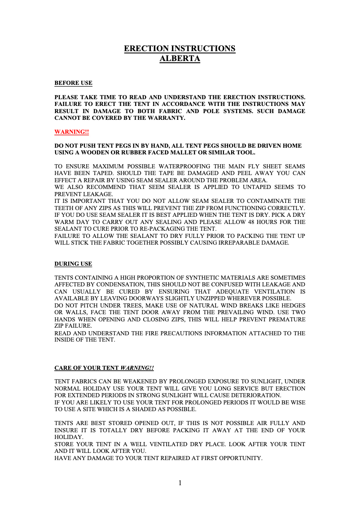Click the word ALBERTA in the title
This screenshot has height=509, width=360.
180,58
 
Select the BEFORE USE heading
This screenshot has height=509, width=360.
73,83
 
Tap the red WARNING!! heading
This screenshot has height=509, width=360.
71,132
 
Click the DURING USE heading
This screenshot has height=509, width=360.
73,264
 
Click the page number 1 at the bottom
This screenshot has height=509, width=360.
180,483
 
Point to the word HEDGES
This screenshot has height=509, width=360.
292,305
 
